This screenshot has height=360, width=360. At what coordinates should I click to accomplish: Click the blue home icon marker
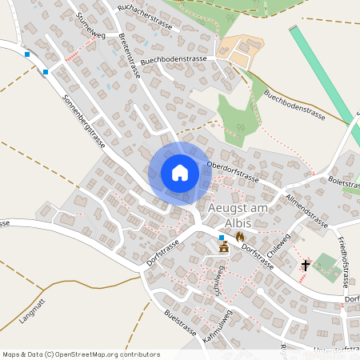point(180,172)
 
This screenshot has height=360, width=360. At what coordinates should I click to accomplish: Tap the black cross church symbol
point(305,265)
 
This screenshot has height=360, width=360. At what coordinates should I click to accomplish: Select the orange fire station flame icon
point(238,238)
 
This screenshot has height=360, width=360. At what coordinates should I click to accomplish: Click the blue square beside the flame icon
point(222,238)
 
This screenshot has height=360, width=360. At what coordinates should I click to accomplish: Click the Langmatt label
point(33,312)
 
